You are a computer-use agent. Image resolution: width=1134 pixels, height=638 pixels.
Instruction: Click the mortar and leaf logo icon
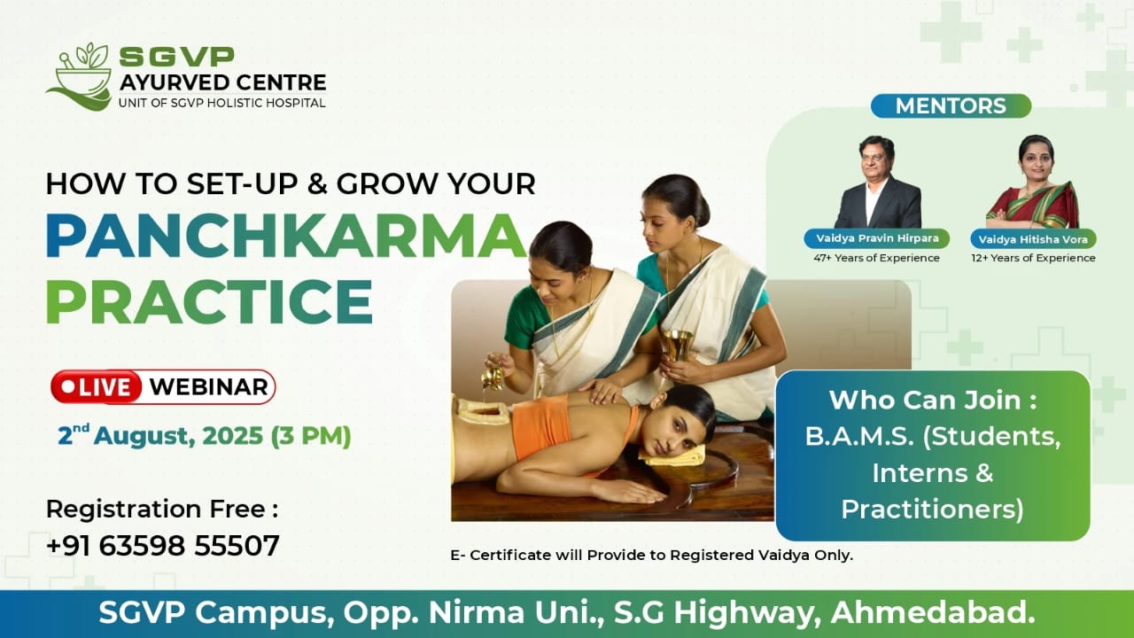[x=80, y=77]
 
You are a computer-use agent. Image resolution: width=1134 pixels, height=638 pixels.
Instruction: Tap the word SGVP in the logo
[x=176, y=57]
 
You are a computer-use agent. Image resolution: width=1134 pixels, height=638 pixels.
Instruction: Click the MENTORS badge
[x=951, y=105]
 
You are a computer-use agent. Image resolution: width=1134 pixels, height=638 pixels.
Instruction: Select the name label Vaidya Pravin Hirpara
[x=877, y=238]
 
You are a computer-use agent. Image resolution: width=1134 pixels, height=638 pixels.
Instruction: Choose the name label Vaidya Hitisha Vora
[x=1033, y=239]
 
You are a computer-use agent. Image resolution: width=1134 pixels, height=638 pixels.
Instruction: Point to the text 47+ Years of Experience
[x=876, y=258]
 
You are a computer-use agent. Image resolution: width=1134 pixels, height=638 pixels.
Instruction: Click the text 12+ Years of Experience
[x=1033, y=258]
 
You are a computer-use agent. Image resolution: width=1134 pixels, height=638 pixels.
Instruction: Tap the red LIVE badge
[x=97, y=387]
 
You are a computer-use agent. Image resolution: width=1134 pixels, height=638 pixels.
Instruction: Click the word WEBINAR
[x=208, y=387]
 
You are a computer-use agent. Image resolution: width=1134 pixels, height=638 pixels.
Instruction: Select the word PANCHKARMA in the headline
[x=286, y=237]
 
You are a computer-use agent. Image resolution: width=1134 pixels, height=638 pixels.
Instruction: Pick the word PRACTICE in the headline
[x=210, y=301]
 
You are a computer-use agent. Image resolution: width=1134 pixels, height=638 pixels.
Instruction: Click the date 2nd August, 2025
[x=160, y=435]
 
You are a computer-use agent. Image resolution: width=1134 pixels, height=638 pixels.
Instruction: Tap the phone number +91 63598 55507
[x=162, y=545]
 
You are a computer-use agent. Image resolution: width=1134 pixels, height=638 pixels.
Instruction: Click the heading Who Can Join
[x=933, y=400]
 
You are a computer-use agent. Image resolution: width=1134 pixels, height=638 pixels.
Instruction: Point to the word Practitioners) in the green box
[x=933, y=509]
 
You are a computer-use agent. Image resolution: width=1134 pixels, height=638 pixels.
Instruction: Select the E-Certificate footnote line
[x=651, y=556]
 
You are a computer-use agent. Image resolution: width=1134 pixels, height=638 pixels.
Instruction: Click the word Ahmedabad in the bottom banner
[x=933, y=612]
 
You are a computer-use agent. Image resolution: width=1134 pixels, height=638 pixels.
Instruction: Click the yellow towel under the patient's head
[x=673, y=456]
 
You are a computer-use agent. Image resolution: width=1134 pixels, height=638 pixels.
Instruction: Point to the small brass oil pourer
[x=492, y=377]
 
